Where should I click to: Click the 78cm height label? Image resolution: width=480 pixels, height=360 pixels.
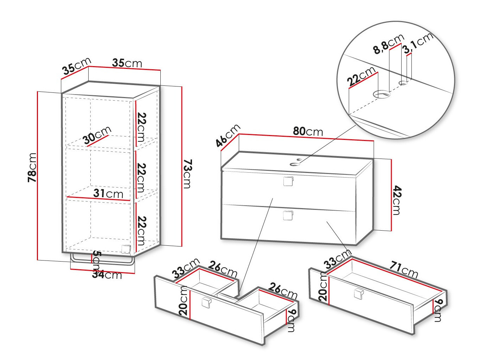tap(32, 168)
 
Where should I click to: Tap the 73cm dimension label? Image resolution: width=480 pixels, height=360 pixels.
tap(187, 174)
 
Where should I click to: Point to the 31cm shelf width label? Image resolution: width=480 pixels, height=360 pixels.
tap(108, 193)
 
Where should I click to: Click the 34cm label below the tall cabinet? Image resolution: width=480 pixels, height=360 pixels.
tap(107, 275)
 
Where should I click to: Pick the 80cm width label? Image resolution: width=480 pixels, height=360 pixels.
tap(308, 131)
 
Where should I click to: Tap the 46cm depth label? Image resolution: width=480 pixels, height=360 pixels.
tap(228, 135)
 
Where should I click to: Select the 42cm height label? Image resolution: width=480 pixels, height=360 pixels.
tap(396, 200)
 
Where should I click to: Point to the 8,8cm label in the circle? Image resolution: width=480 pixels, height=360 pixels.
tap(388, 44)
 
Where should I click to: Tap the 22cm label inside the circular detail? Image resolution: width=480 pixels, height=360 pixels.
tap(361, 76)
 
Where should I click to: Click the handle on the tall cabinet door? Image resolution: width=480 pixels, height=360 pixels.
tap(126, 249)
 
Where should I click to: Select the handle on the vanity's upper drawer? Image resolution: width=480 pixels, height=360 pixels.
tap(288, 181)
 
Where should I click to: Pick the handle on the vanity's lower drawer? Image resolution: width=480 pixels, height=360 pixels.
tap(288, 215)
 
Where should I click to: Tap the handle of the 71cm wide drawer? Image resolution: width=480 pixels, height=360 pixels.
tap(358, 294)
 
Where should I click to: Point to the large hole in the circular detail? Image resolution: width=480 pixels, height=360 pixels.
tap(382, 94)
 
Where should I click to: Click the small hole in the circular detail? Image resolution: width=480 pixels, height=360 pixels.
tap(403, 83)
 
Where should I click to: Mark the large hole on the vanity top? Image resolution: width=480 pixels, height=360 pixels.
tap(293, 164)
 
